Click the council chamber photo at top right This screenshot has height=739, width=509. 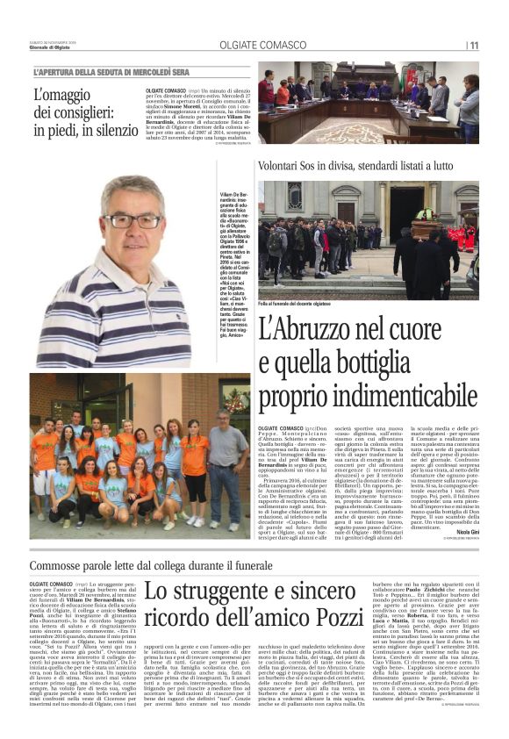click(x=369, y=102)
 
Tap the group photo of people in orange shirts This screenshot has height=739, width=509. click(x=139, y=456)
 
